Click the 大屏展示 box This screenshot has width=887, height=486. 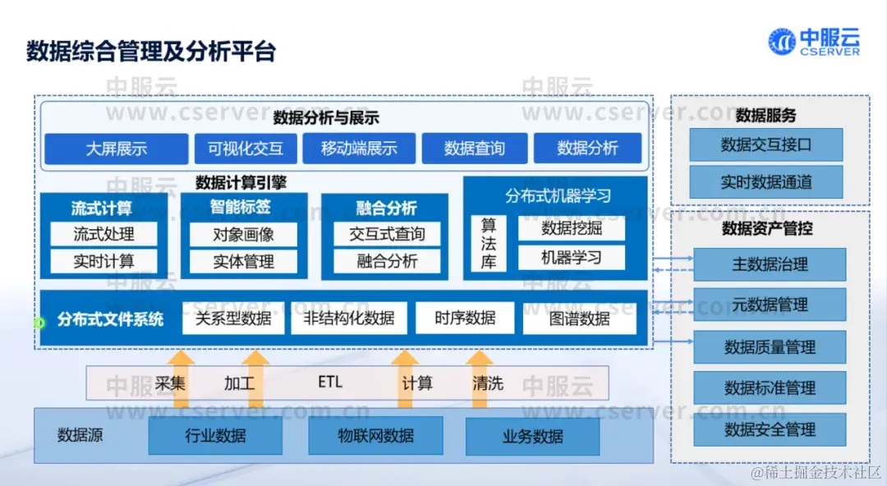(x=117, y=149)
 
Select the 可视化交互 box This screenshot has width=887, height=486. (x=246, y=149)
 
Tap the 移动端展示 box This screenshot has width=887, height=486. (x=359, y=149)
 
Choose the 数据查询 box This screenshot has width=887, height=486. (x=474, y=149)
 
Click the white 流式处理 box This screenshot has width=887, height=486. (x=103, y=234)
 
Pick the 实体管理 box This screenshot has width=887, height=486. (x=244, y=262)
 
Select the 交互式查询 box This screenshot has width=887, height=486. (x=387, y=234)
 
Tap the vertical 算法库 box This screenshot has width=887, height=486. (x=489, y=244)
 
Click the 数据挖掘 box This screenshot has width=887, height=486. (x=572, y=229)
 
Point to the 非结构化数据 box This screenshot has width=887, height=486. (x=349, y=319)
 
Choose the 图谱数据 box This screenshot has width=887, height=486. (x=580, y=319)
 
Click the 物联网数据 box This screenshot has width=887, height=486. (x=375, y=436)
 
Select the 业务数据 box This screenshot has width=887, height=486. (x=533, y=437)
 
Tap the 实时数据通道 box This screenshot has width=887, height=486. (x=766, y=182)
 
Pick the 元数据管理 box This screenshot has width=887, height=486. (x=770, y=305)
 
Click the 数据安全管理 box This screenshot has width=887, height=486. (x=770, y=429)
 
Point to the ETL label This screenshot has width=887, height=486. (x=330, y=383)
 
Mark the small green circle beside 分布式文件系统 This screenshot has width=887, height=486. (x=39, y=323)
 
